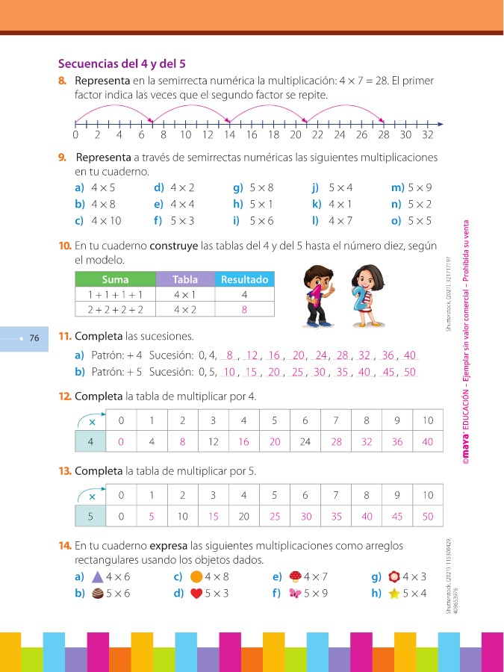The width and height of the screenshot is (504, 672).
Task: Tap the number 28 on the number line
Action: pyautogui.click(x=383, y=135)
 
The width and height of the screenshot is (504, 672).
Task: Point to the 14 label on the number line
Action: pyautogui.click(x=229, y=135)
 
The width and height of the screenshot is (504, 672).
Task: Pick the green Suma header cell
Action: pyautogui.click(x=115, y=279)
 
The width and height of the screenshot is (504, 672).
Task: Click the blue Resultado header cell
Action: pyautogui.click(x=244, y=279)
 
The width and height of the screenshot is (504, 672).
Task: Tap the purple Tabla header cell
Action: pyautogui.click(x=184, y=279)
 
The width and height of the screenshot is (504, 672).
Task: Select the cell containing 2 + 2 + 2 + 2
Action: pyautogui.click(x=115, y=308)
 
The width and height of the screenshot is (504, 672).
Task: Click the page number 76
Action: pyautogui.click(x=34, y=338)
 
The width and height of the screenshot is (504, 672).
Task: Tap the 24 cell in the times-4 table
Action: pyautogui.click(x=305, y=442)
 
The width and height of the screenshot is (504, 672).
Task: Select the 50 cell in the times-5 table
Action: pyautogui.click(x=427, y=516)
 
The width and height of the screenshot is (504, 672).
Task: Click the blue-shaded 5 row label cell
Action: pyautogui.click(x=90, y=516)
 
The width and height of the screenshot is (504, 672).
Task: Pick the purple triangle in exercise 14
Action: pyautogui.click(x=97, y=576)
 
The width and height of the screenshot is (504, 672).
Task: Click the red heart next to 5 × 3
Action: pyautogui.click(x=196, y=594)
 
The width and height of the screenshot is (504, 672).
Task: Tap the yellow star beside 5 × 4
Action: pyautogui.click(x=394, y=594)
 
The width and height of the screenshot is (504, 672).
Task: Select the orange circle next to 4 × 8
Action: pyautogui.click(x=196, y=576)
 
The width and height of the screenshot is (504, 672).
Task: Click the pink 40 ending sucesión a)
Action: pyautogui.click(x=409, y=355)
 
